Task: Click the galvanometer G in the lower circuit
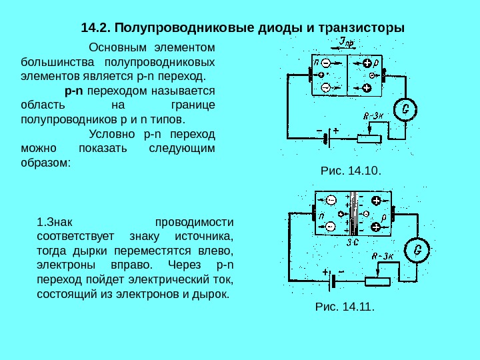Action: point(417,250)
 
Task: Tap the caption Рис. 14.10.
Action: point(351,171)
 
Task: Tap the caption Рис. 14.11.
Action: point(344,307)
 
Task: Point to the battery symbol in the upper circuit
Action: point(325,139)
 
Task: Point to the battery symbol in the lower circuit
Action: point(331,279)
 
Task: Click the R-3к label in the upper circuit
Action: point(375,115)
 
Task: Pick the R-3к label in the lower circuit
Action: point(385,255)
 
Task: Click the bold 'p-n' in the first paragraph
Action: point(74,90)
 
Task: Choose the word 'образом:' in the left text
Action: point(45,162)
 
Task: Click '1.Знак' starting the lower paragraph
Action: point(54,221)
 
